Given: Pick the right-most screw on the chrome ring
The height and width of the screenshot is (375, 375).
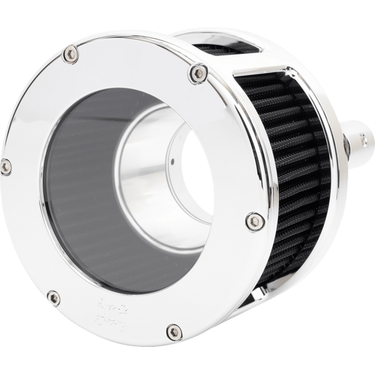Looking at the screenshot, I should coord(250,221).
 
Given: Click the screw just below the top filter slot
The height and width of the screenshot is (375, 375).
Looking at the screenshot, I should coord(193,72).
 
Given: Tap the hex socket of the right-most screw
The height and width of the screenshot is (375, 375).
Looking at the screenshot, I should coord(250,221).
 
